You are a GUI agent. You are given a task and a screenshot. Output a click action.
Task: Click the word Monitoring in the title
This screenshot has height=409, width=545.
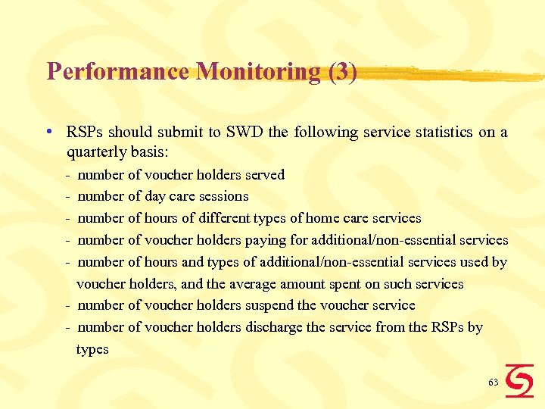(x=257, y=72)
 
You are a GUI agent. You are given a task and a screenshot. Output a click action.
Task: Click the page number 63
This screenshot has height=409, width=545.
(x=494, y=382)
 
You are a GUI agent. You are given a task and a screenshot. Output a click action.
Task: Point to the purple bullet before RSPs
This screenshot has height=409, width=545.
(x=48, y=131)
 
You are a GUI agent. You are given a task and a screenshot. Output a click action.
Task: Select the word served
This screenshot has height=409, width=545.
(x=264, y=175)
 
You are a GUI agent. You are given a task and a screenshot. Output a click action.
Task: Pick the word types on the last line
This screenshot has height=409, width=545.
(x=92, y=350)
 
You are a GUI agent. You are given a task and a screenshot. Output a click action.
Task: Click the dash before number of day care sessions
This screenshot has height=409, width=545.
(x=68, y=196)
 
